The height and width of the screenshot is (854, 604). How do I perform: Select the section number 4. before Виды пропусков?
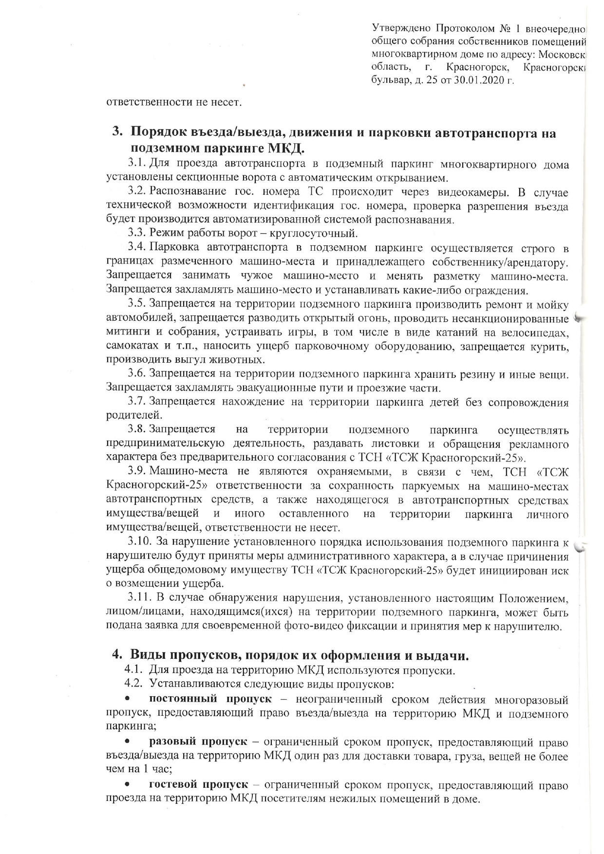coord(117,655)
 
